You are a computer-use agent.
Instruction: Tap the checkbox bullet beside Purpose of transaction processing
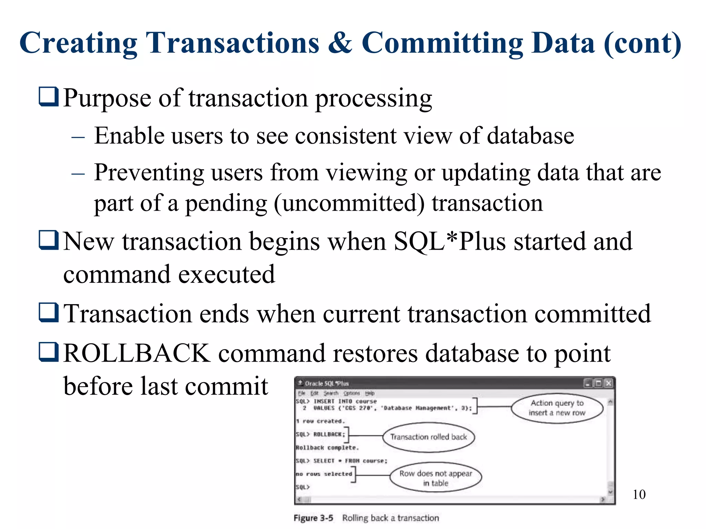pyautogui.click(x=49, y=97)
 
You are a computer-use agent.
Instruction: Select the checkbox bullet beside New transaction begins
pyautogui.click(x=49, y=240)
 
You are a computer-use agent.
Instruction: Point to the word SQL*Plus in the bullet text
pyautogui.click(x=450, y=241)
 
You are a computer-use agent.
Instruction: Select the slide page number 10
pyautogui.click(x=639, y=495)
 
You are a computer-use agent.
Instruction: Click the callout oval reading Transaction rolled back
pyautogui.click(x=428, y=437)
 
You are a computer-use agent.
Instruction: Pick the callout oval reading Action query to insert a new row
pyautogui.click(x=557, y=408)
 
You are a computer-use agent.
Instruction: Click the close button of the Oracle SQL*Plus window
pyautogui.click(x=609, y=383)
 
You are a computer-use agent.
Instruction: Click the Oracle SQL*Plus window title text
pyautogui.click(x=326, y=383)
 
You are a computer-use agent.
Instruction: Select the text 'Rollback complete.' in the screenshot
pyautogui.click(x=327, y=448)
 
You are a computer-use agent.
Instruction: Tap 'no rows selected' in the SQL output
pyautogui.click(x=324, y=474)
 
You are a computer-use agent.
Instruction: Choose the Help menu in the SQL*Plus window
pyautogui.click(x=370, y=393)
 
